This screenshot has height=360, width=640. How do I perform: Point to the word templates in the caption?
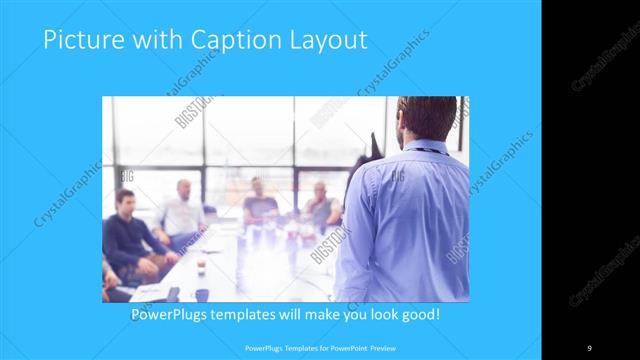click(262, 316)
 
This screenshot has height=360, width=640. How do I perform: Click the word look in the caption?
click(377, 316)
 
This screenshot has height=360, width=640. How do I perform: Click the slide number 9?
click(589, 347)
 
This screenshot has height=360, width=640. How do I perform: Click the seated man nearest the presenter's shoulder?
click(322, 207)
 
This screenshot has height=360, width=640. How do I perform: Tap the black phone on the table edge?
click(173, 293)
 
